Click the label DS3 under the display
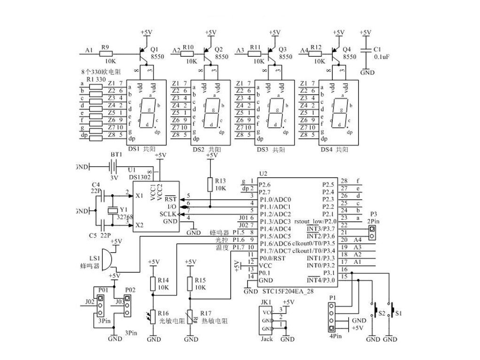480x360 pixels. click(x=262, y=150)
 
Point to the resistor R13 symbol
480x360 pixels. click(x=211, y=184)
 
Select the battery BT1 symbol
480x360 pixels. click(x=113, y=166)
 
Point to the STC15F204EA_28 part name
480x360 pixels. click(x=291, y=292)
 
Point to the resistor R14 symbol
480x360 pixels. click(x=153, y=283)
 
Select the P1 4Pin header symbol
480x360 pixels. click(x=332, y=317)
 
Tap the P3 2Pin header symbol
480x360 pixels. click(x=372, y=230)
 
